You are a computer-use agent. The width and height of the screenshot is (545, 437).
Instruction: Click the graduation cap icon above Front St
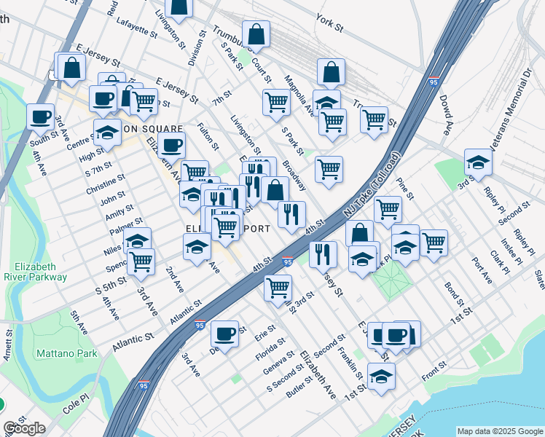pos(381,376)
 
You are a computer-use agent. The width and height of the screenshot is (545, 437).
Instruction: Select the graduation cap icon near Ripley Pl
pos(478,162)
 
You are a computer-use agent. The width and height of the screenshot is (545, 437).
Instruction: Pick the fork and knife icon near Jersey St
pos(322,253)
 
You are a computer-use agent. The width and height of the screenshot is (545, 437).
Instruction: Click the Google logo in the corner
pos(24,428)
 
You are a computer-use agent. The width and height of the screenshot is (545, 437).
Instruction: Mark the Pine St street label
pos(406,190)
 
